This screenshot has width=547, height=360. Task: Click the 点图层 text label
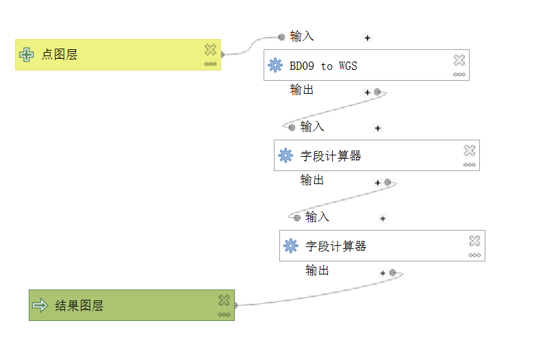pyautogui.click(x=59, y=55)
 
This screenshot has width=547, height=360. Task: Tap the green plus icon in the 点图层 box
pyautogui.click(x=27, y=55)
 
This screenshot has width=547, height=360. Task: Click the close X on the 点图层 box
pyautogui.click(x=210, y=49)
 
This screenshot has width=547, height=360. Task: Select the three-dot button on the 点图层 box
pyautogui.click(x=210, y=64)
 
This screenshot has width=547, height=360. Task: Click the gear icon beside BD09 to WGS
pyautogui.click(x=275, y=66)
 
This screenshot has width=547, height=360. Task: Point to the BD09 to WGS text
pyautogui.click(x=323, y=66)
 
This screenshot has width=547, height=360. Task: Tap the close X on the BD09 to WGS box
pyautogui.click(x=459, y=60)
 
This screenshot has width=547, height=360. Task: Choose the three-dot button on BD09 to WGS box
pyautogui.click(x=459, y=75)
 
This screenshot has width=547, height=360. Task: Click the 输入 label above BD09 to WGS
pyautogui.click(x=302, y=36)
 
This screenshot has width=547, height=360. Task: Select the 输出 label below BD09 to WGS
pyautogui.click(x=302, y=90)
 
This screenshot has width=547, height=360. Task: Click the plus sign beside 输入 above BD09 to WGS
pyautogui.click(x=368, y=38)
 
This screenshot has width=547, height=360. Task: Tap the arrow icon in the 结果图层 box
pyautogui.click(x=40, y=305)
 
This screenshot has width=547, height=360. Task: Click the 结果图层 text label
pyautogui.click(x=79, y=305)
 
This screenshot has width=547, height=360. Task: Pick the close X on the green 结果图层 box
pyautogui.click(x=224, y=300)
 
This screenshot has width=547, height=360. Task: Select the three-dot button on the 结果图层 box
pyautogui.click(x=224, y=315)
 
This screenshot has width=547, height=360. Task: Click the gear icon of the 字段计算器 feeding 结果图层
pyautogui.click(x=291, y=246)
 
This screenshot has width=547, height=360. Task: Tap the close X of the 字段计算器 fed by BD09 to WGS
pyautogui.click(x=469, y=150)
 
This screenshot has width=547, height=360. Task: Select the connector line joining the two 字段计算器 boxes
pyautogui.click(x=342, y=201)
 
